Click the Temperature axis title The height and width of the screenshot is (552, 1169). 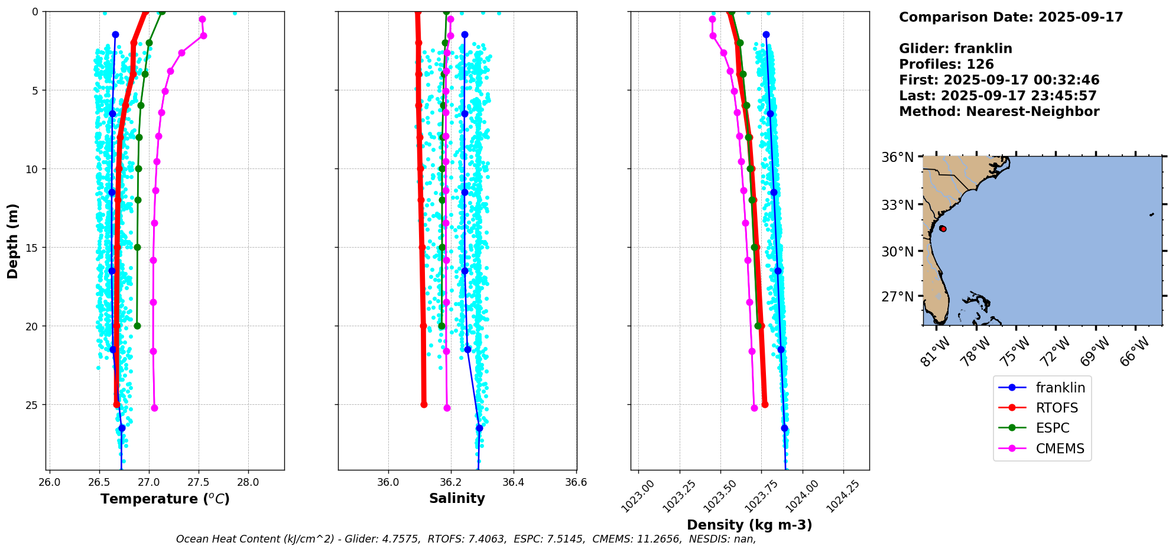tap(165, 499)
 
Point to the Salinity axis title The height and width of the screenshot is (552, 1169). tap(457, 498)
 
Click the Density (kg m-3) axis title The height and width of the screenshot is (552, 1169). tap(749, 525)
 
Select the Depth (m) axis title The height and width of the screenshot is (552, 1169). tap(13, 241)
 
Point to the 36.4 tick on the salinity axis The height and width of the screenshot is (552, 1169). tap(513, 482)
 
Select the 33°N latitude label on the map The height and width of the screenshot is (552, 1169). tap(897, 205)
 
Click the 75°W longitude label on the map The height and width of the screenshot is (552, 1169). tap(1016, 351)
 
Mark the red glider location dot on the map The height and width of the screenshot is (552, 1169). tap(943, 229)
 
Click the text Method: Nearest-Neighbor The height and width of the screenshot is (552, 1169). tap(999, 112)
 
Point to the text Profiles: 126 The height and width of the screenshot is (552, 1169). tap(946, 64)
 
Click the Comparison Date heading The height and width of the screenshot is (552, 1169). tap(1011, 17)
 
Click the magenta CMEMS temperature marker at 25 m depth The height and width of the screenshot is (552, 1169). tap(154, 408)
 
